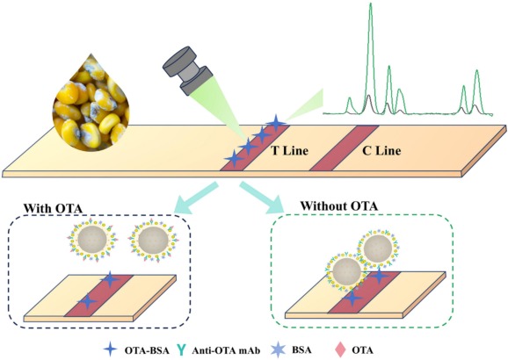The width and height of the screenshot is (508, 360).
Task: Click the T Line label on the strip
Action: (x=288, y=150)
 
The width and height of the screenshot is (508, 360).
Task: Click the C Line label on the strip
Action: (x=382, y=150)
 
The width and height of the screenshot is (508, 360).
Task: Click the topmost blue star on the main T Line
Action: (x=276, y=122)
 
